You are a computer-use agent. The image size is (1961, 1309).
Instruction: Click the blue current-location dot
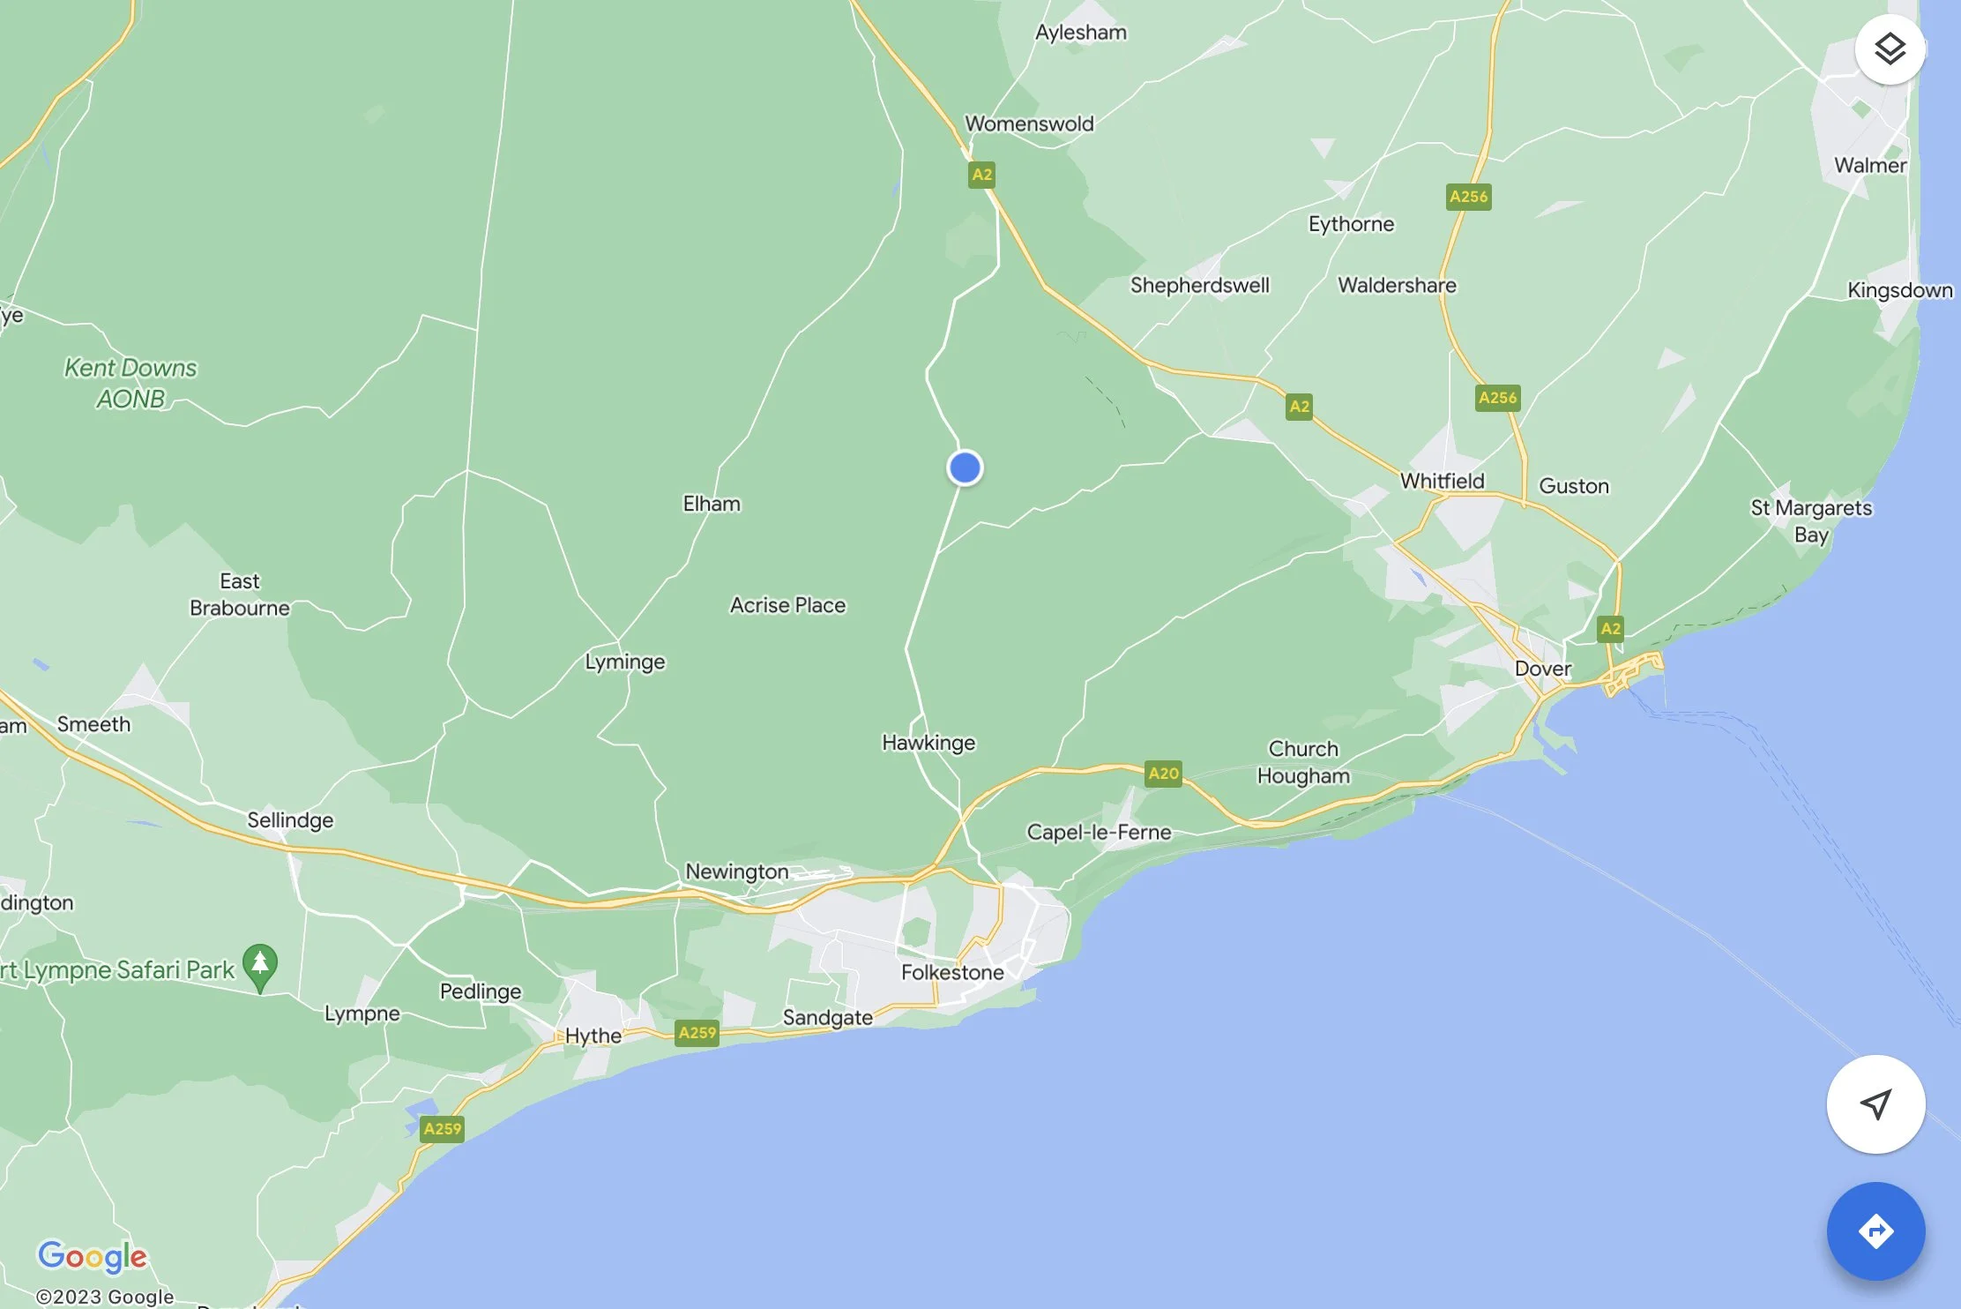[x=965, y=467]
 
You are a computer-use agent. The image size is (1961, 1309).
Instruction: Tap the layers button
[x=1889, y=49]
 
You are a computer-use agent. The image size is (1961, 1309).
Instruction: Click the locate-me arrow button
[x=1875, y=1103]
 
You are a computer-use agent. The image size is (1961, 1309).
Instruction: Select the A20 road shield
[x=1163, y=774]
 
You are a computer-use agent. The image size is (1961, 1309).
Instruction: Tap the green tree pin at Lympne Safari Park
[x=260, y=965]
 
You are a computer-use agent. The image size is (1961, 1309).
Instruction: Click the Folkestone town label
[x=952, y=972]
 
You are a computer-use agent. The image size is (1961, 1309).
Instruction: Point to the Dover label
[x=1542, y=669]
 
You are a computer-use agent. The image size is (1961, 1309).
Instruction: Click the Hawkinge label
[x=928, y=743]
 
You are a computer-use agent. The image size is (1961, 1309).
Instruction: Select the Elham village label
[x=712, y=504]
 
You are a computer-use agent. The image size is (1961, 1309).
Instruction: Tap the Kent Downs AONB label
[x=130, y=383]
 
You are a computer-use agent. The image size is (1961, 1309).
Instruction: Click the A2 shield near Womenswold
[x=981, y=175]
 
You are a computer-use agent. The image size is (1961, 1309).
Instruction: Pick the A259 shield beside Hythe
[x=697, y=1033]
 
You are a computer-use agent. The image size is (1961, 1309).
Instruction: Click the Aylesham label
[x=1080, y=33]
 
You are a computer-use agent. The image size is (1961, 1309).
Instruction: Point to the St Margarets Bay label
[x=1811, y=520]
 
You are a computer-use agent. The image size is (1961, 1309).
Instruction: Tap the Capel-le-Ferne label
[x=1099, y=832]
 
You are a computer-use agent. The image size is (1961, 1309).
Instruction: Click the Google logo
[x=92, y=1256]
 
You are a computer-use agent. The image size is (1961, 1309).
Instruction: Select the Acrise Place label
[x=787, y=605]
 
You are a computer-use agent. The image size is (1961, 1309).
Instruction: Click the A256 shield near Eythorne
[x=1468, y=197]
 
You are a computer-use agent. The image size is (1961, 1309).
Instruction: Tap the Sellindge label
[x=290, y=820]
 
